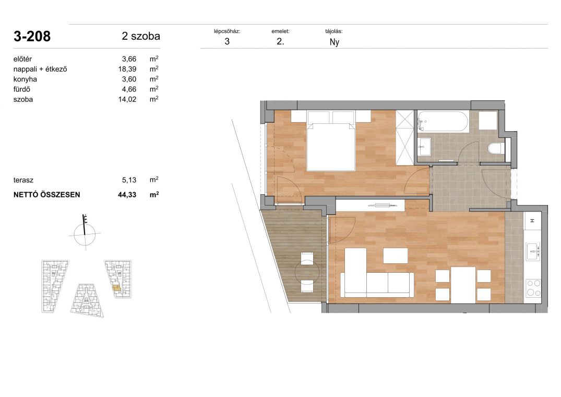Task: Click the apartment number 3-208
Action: point(32,37)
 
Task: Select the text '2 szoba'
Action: point(141,36)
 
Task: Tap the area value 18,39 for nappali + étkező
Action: point(127,69)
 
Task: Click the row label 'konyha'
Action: point(25,79)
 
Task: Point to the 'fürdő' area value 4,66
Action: point(129,89)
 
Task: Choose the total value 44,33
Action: point(127,195)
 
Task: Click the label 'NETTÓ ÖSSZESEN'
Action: point(47,195)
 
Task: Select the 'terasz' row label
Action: point(23,180)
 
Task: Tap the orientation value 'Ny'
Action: point(334,42)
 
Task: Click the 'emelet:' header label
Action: point(281,31)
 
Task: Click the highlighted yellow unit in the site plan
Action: point(117,287)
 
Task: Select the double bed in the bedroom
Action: point(331,141)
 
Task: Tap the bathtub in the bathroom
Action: point(442,122)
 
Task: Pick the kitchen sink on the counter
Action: point(533,251)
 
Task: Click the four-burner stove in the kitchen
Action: point(533,288)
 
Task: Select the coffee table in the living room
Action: point(396,256)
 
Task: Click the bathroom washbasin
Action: point(425,146)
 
